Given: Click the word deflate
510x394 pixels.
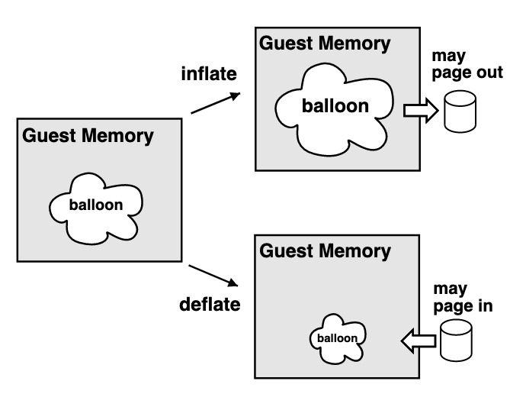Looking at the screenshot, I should tap(210, 304).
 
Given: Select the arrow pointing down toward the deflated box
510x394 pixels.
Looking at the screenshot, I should tap(215, 276).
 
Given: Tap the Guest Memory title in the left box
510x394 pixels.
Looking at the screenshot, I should tap(88, 137).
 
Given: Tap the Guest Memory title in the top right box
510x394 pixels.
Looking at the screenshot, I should tap(325, 44).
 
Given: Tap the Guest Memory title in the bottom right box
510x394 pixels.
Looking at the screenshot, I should tap(326, 250).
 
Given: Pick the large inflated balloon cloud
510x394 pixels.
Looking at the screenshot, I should tap(334, 107).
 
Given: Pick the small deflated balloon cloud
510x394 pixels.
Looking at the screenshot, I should tap(337, 337).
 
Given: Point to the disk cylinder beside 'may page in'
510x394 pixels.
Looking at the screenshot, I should tap(457, 341).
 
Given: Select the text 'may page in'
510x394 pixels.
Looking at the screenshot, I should tap(462, 299).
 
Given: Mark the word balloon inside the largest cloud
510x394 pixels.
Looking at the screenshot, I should tap(335, 106).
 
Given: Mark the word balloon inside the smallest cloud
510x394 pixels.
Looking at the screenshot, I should tap(336, 337).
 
